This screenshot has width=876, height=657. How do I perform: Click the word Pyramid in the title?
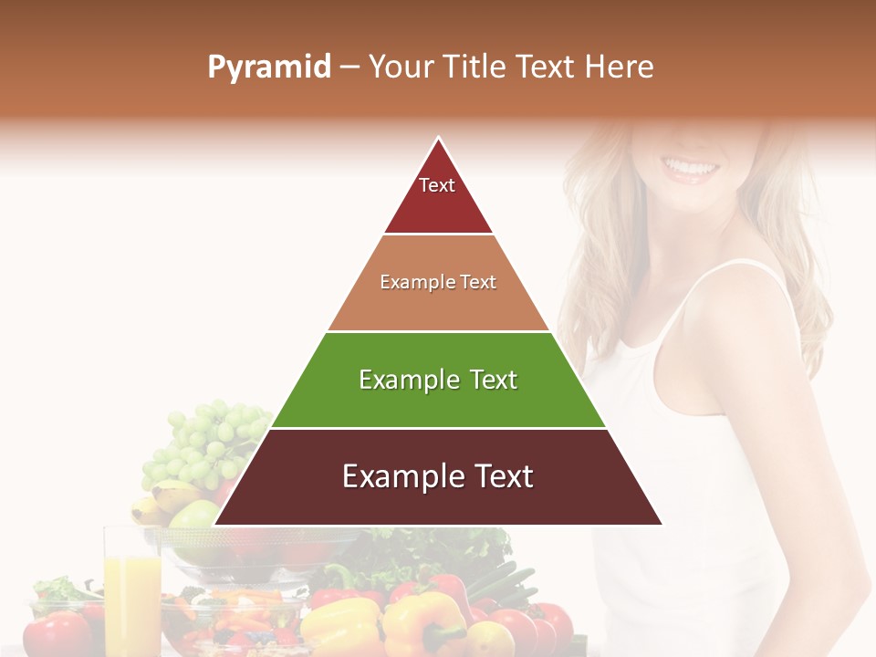tap(268, 68)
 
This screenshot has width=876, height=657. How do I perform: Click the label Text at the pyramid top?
tap(437, 185)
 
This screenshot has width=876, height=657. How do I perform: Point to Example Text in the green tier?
tap(438, 380)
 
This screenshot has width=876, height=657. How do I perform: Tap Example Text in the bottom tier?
tap(438, 476)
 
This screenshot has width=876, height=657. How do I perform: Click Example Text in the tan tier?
tap(438, 282)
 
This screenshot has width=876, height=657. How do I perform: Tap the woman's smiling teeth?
tap(691, 168)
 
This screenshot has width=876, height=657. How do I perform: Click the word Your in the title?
tap(401, 67)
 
